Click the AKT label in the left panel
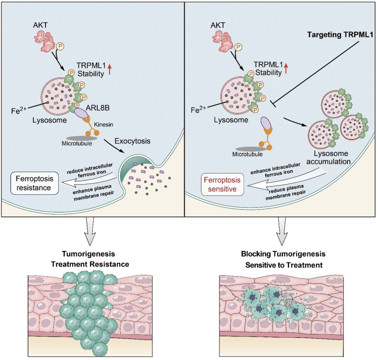pyautogui.click(x=40, y=25)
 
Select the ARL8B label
pyautogui.click(x=97, y=108)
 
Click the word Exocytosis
pyautogui.click(x=132, y=141)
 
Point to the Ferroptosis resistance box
pyautogui.click(x=34, y=183)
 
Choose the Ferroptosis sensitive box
pyautogui.click(x=222, y=184)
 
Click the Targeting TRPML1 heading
pyautogui.click(x=340, y=35)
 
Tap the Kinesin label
pyautogui.click(x=103, y=125)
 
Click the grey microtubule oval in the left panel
pyautogui.click(x=81, y=138)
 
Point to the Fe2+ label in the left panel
pyautogui.click(x=19, y=110)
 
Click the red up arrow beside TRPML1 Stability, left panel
pyautogui.click(x=110, y=69)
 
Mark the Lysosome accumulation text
pyautogui.click(x=329, y=157)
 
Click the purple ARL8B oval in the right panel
pyautogui.click(x=266, y=123)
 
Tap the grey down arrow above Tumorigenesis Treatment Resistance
pyautogui.click(x=90, y=231)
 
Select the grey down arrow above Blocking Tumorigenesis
pyautogui.click(x=282, y=231)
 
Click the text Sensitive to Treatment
pyautogui.click(x=284, y=265)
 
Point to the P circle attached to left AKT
pyautogui.click(x=60, y=46)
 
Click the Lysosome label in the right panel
pyautogui.click(x=231, y=120)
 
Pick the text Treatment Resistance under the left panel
pyautogui.click(x=90, y=264)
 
